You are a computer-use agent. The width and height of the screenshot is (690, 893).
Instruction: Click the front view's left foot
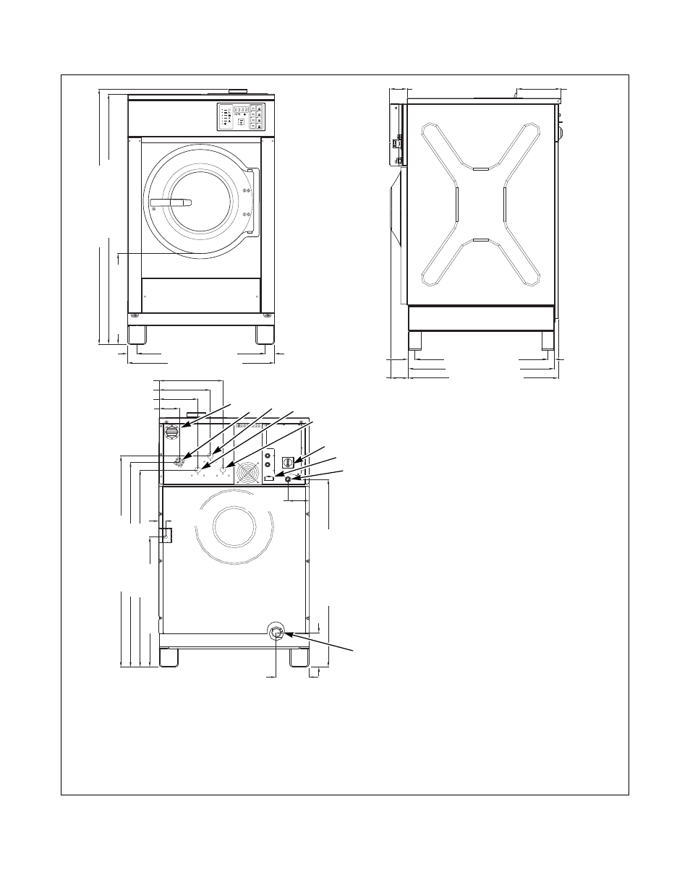coord(137,336)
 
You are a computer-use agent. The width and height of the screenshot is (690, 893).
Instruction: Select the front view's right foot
coord(264,336)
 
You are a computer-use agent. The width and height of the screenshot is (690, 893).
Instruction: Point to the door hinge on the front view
coord(252,202)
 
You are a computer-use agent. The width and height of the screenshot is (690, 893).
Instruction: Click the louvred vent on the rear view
coord(172,433)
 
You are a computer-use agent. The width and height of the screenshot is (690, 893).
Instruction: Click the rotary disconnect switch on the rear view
coord(286,461)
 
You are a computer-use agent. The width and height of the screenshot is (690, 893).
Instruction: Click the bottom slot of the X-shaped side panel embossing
coord(481,239)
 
